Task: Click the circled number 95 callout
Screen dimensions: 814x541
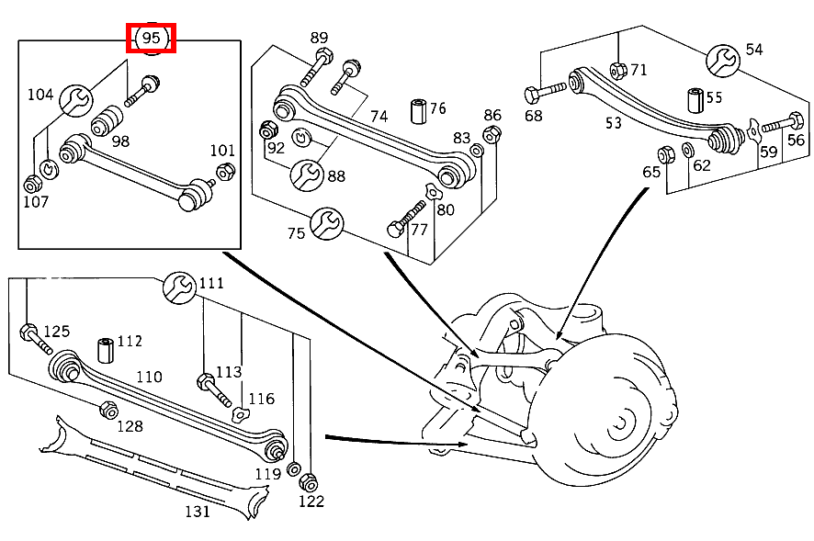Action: (x=151, y=39)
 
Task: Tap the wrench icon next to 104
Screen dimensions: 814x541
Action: (x=75, y=100)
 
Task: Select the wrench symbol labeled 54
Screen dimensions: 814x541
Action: (x=723, y=61)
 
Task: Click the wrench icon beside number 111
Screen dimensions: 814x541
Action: (x=180, y=287)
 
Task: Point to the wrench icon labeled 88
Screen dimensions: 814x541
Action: (x=307, y=175)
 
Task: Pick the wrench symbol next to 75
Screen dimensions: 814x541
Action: (x=326, y=223)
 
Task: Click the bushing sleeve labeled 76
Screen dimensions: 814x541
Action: (x=418, y=111)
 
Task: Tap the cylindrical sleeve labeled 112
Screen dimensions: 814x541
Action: (x=106, y=351)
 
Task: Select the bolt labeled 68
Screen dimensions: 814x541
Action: (x=545, y=92)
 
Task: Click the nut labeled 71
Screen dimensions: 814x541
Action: (x=618, y=70)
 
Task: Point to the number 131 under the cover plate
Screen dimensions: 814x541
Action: (x=198, y=512)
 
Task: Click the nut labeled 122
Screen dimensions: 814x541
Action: (x=309, y=482)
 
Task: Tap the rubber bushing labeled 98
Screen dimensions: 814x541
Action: (x=107, y=121)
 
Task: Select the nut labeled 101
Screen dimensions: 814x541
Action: (x=225, y=172)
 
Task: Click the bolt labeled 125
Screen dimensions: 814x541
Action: (x=36, y=340)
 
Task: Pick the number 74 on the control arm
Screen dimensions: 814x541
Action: (x=379, y=116)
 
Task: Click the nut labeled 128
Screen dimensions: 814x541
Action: (x=108, y=411)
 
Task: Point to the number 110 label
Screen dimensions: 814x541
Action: (x=150, y=377)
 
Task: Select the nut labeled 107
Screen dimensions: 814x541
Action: (x=33, y=185)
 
